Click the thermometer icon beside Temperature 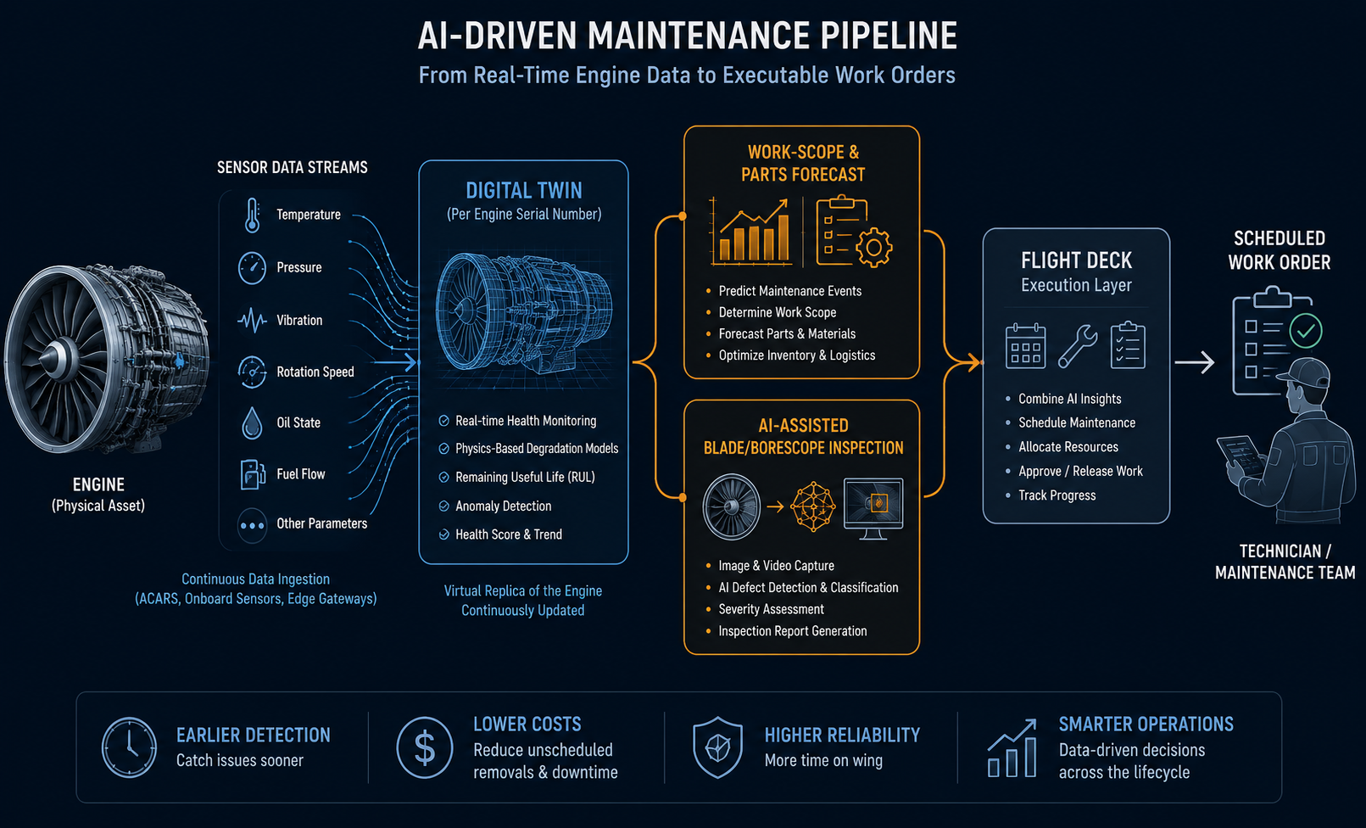click(252, 215)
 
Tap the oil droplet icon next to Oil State click(252, 423)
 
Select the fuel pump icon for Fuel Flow click(253, 475)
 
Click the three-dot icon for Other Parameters click(252, 525)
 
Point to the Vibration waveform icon click(252, 321)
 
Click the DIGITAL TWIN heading click(524, 190)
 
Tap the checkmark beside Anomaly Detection click(444, 506)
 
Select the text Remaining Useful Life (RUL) click(525, 477)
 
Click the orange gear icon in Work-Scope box click(874, 247)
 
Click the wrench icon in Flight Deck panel click(1078, 346)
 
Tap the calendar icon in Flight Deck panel click(1026, 346)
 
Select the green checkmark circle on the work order click(1306, 331)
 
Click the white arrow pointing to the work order click(1194, 362)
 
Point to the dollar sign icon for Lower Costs click(425, 747)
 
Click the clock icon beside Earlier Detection click(129, 747)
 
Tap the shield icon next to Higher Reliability click(717, 747)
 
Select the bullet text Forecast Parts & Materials click(787, 333)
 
